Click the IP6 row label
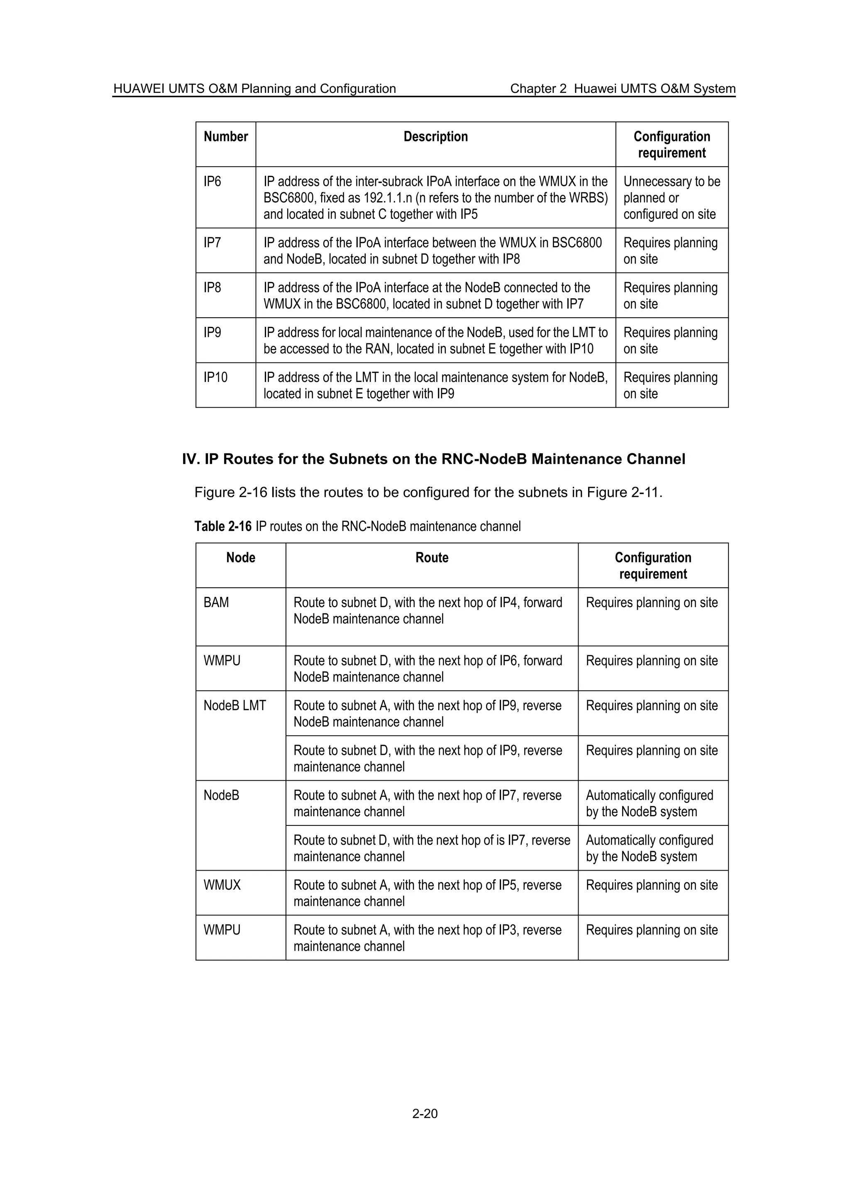click(x=212, y=182)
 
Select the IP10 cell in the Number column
click(x=216, y=377)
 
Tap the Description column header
click(x=435, y=137)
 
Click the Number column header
click(x=226, y=137)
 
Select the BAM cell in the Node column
click(x=216, y=603)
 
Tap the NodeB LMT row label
click(x=234, y=706)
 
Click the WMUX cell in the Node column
click(x=222, y=885)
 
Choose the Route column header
click(x=432, y=558)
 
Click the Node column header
click(x=240, y=558)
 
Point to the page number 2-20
click(x=425, y=1114)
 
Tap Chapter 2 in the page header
click(x=538, y=89)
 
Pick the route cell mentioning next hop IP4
click(x=427, y=611)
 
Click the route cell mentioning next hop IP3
click(x=427, y=938)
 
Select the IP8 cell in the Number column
click(x=212, y=288)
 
